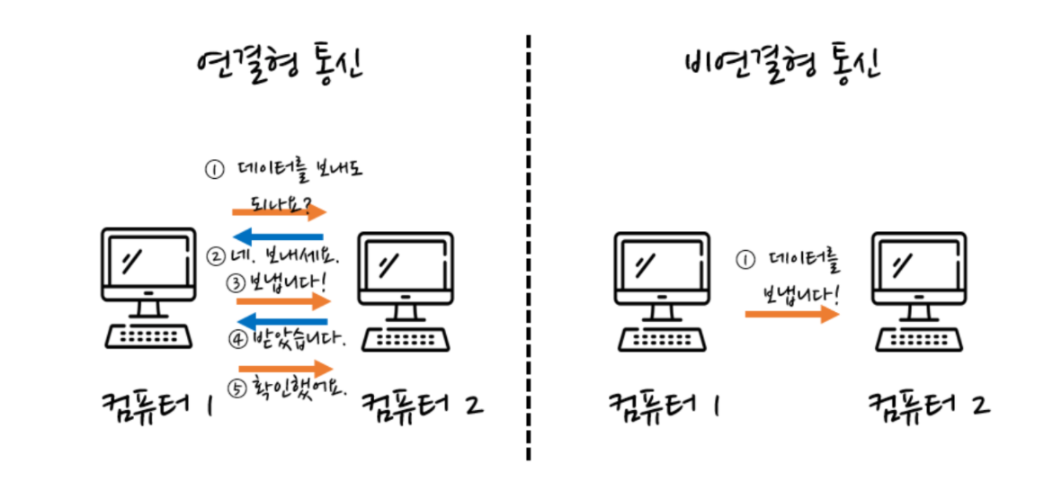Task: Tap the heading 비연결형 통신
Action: pyautogui.click(x=781, y=65)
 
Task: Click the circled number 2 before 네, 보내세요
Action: pyautogui.click(x=216, y=255)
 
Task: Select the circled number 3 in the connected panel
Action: pyautogui.click(x=236, y=282)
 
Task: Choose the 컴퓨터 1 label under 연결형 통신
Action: pyautogui.click(x=159, y=405)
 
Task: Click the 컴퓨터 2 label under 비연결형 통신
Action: pyautogui.click(x=928, y=403)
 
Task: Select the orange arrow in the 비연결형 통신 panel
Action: pyautogui.click(x=791, y=314)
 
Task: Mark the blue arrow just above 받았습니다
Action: pyautogui.click(x=281, y=321)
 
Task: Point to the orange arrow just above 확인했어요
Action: pyautogui.click(x=285, y=369)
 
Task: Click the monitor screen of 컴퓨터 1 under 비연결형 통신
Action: pyautogui.click(x=663, y=265)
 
